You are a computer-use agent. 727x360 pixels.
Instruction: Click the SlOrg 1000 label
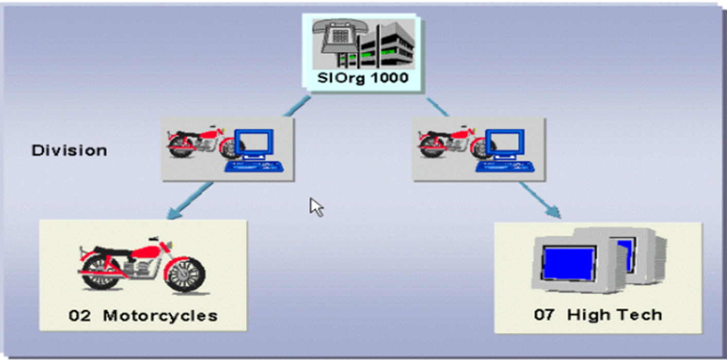[x=363, y=78]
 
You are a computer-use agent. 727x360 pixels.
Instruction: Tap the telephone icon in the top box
[x=337, y=38]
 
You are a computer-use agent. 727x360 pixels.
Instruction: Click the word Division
[x=69, y=151]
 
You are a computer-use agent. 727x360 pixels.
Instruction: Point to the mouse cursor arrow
[x=316, y=207]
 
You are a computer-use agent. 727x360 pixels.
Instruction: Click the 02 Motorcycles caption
[x=143, y=315]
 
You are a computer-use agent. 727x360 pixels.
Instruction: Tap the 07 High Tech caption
[x=598, y=314]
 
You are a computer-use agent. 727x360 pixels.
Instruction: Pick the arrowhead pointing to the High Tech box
[x=553, y=211]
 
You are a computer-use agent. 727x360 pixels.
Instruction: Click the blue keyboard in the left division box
[x=254, y=166]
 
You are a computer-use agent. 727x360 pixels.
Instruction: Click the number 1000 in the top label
[x=389, y=78]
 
